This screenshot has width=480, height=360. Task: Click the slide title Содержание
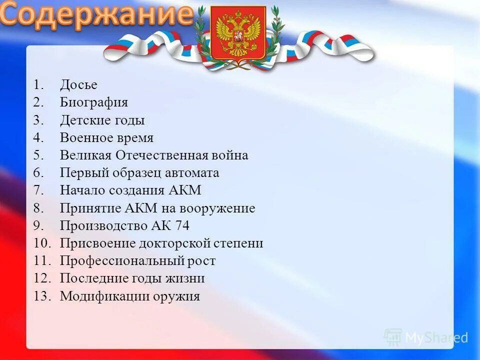[x=96, y=15]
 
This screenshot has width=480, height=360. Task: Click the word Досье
[x=78, y=85]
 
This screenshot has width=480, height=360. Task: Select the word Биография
[x=94, y=102]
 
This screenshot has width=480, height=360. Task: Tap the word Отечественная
[x=161, y=155]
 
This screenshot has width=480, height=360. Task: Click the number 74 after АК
[x=182, y=226]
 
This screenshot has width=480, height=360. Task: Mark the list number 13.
[x=42, y=296]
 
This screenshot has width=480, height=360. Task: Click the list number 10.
[x=42, y=243]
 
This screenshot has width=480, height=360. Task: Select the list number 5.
[x=39, y=155]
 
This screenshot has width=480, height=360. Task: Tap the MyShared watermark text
[x=436, y=337]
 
